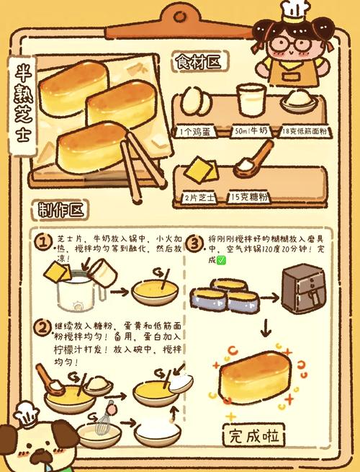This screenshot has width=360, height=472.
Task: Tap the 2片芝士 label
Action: [x=199, y=195]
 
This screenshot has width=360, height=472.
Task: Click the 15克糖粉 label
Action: [x=250, y=195]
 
